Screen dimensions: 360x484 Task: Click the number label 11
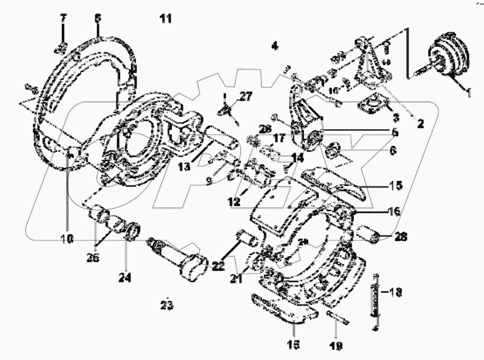coord(165,18)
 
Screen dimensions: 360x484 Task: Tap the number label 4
coord(274,46)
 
